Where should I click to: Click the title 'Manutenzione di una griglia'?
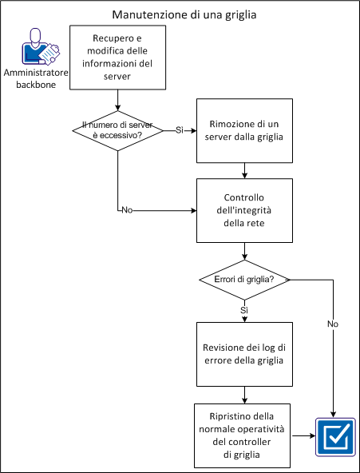click(x=180, y=14)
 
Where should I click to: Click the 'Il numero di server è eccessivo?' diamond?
click(x=118, y=129)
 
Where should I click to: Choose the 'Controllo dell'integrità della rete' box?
click(x=244, y=211)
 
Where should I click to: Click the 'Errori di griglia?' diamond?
click(x=244, y=280)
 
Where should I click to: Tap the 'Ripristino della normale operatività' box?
click(x=244, y=435)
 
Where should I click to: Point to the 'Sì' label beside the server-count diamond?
click(x=180, y=129)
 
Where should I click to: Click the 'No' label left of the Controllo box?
click(x=126, y=210)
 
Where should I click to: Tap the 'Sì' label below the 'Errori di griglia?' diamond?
click(x=244, y=308)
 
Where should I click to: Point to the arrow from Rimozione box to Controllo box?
click(x=244, y=169)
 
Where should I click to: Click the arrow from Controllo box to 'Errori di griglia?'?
click(x=244, y=252)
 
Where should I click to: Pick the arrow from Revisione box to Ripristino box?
click(x=244, y=394)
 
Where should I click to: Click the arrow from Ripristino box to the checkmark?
click(x=303, y=436)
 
